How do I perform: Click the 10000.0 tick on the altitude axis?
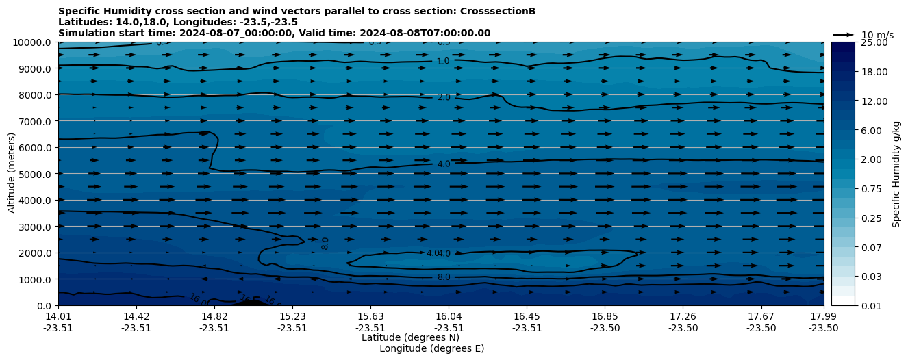pyautogui.click(x=32, y=42)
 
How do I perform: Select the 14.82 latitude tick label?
pyautogui.click(x=214, y=316)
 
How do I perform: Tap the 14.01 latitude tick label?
pyautogui.click(x=58, y=316)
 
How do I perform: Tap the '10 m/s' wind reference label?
pyautogui.click(x=877, y=35)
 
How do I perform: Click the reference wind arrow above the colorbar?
pyautogui.click(x=844, y=34)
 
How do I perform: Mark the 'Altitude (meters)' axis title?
pyautogui.click(x=12, y=174)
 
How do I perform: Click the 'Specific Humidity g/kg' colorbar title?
pyautogui.click(x=897, y=174)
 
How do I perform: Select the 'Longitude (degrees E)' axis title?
pyautogui.click(x=431, y=348)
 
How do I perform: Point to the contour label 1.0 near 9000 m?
pyautogui.click(x=443, y=62)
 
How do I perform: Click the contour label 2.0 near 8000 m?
pyautogui.click(x=444, y=98)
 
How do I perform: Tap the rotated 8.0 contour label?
pyautogui.click(x=325, y=243)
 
